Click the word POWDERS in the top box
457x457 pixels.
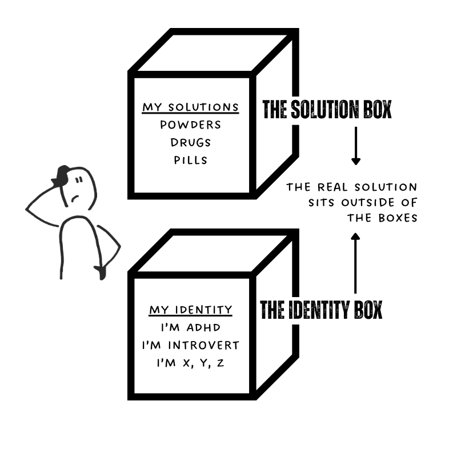pos(191,125)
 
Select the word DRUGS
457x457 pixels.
pos(191,142)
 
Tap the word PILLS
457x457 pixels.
pos(191,159)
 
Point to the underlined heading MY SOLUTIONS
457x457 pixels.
pos(191,107)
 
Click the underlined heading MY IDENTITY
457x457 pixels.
pos(191,310)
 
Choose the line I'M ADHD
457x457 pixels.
pos(191,328)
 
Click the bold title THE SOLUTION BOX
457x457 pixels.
pos(327,110)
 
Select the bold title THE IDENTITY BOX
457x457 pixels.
pos(321,310)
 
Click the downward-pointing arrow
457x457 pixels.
pos(356,146)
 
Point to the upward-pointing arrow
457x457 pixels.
pos(355,263)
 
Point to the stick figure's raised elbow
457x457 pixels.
pos(29,210)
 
